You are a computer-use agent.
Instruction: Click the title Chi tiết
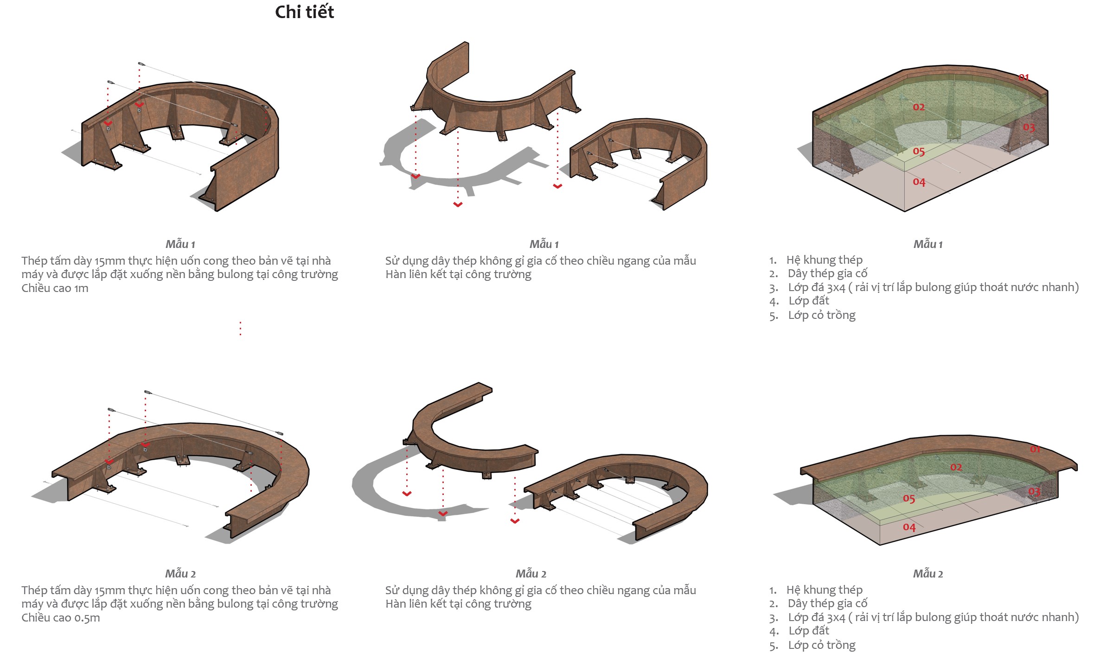click(304, 12)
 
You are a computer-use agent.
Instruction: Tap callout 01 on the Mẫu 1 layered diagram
click(1023, 77)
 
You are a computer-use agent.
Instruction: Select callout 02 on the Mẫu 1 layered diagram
click(918, 107)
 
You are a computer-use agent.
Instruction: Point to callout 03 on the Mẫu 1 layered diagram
click(1029, 127)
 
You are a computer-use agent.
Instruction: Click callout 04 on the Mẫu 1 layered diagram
click(919, 182)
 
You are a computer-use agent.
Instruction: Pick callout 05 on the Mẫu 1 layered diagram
click(918, 151)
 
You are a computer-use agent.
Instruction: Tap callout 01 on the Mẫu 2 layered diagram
click(1035, 449)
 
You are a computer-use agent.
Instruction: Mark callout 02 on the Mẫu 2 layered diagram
click(956, 467)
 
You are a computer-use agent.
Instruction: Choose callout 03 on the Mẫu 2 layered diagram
click(1034, 491)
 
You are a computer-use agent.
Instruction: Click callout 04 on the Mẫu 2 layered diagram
click(909, 527)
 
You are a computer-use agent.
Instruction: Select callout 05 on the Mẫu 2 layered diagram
click(908, 499)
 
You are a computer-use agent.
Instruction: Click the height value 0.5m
click(87, 618)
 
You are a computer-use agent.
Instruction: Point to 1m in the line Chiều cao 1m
click(81, 288)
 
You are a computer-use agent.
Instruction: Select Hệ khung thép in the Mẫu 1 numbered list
click(824, 260)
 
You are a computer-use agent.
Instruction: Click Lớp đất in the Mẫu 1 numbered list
click(809, 301)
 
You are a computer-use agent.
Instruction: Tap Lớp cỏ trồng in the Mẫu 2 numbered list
click(822, 645)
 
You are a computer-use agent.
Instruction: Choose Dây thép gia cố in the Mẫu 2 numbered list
click(827, 603)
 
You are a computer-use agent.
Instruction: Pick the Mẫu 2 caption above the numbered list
click(927, 574)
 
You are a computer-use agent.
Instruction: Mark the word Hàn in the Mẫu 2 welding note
click(396, 604)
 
